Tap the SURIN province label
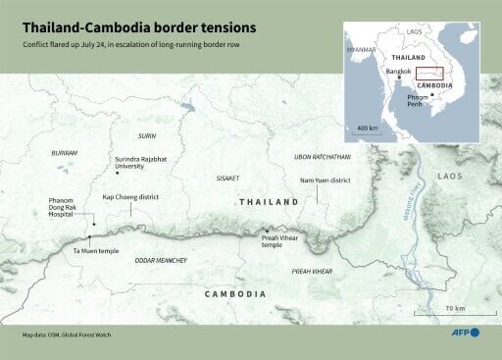point(147,135)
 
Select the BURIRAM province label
point(64,153)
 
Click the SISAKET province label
point(227,178)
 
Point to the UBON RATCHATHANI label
point(323,157)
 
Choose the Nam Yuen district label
point(325,180)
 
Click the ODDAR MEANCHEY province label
point(159,260)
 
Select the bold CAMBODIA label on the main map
point(234,294)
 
